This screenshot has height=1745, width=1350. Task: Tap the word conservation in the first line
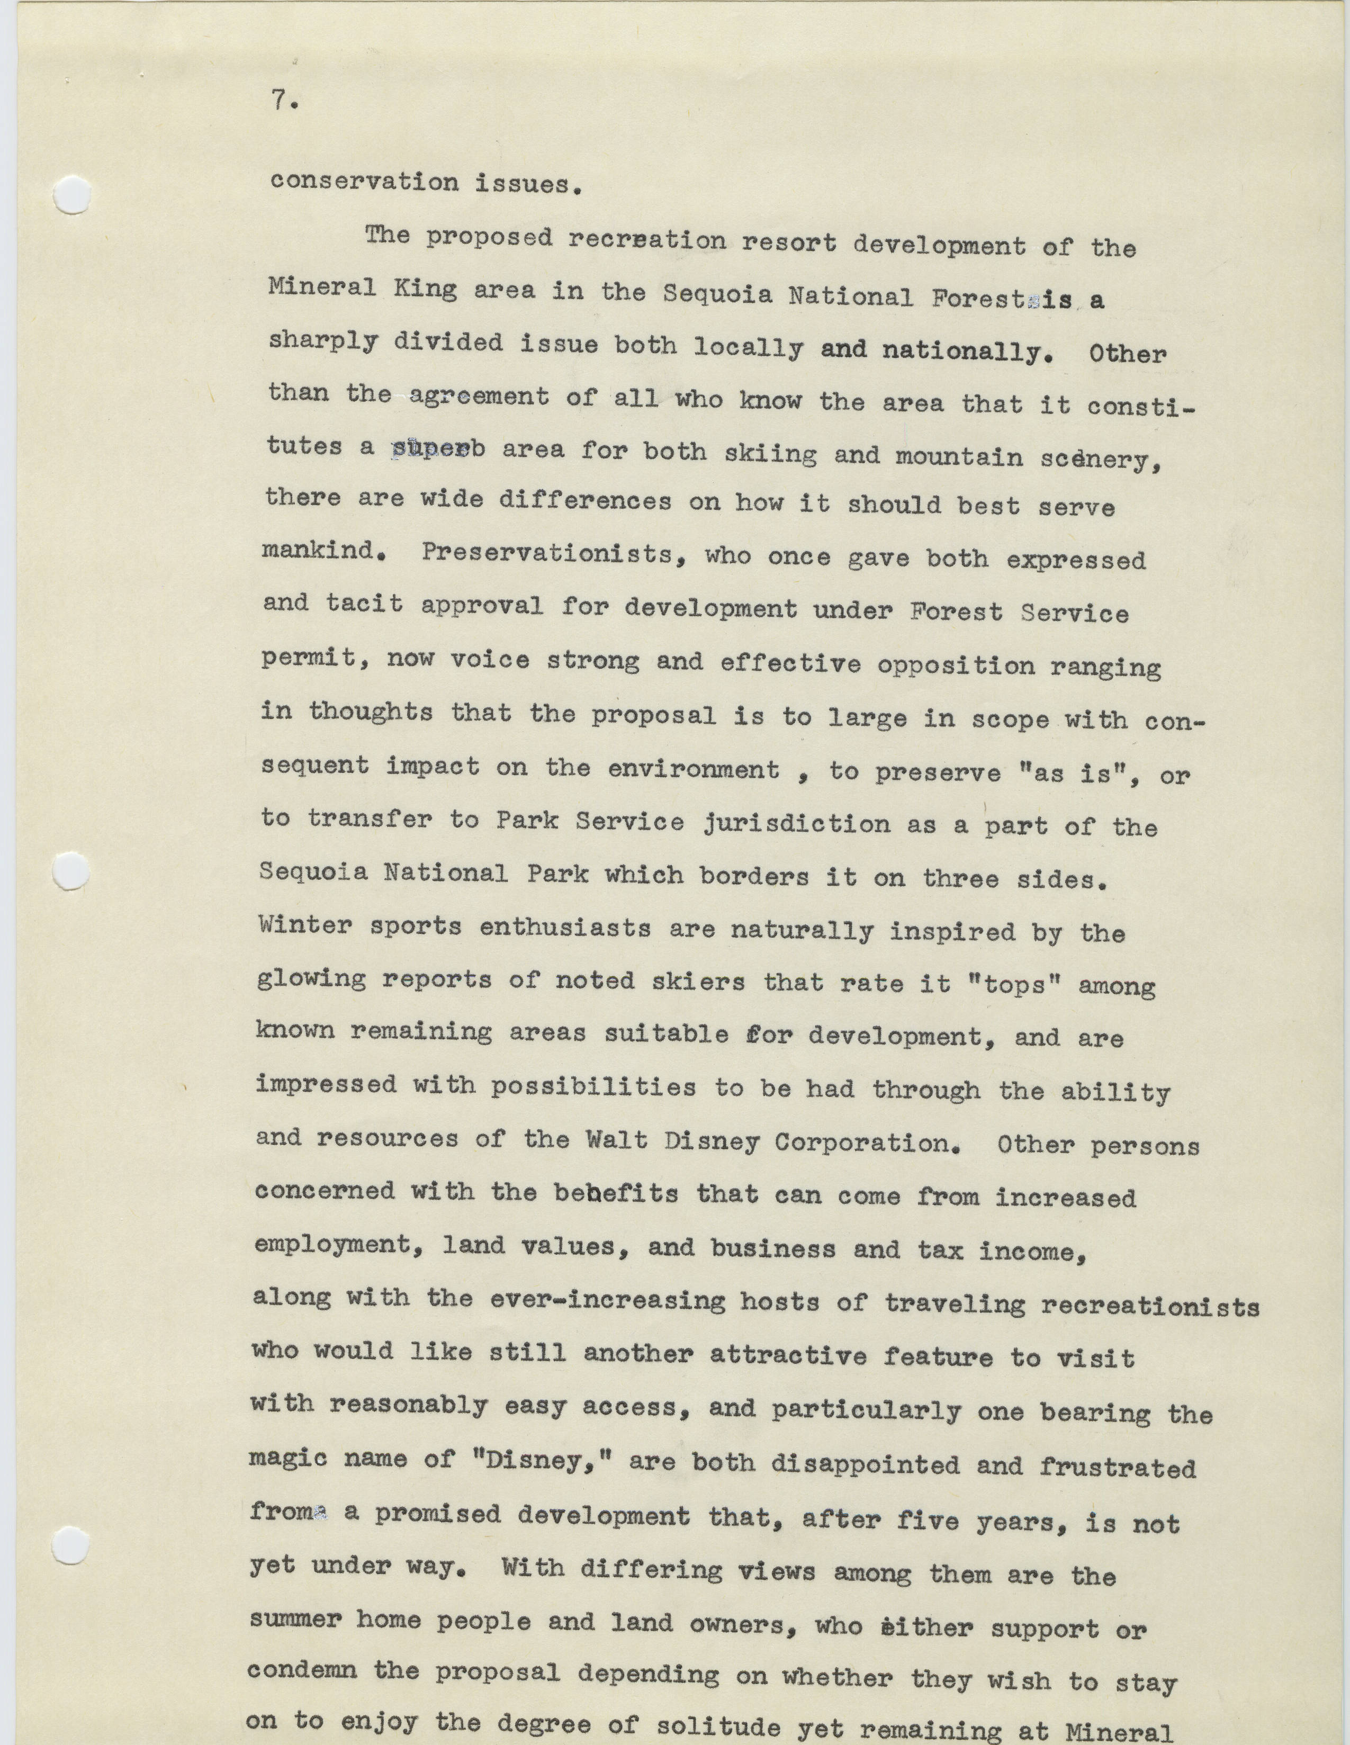click(x=364, y=182)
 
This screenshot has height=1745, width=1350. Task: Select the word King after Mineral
click(x=425, y=289)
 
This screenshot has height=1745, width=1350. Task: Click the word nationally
click(x=964, y=352)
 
